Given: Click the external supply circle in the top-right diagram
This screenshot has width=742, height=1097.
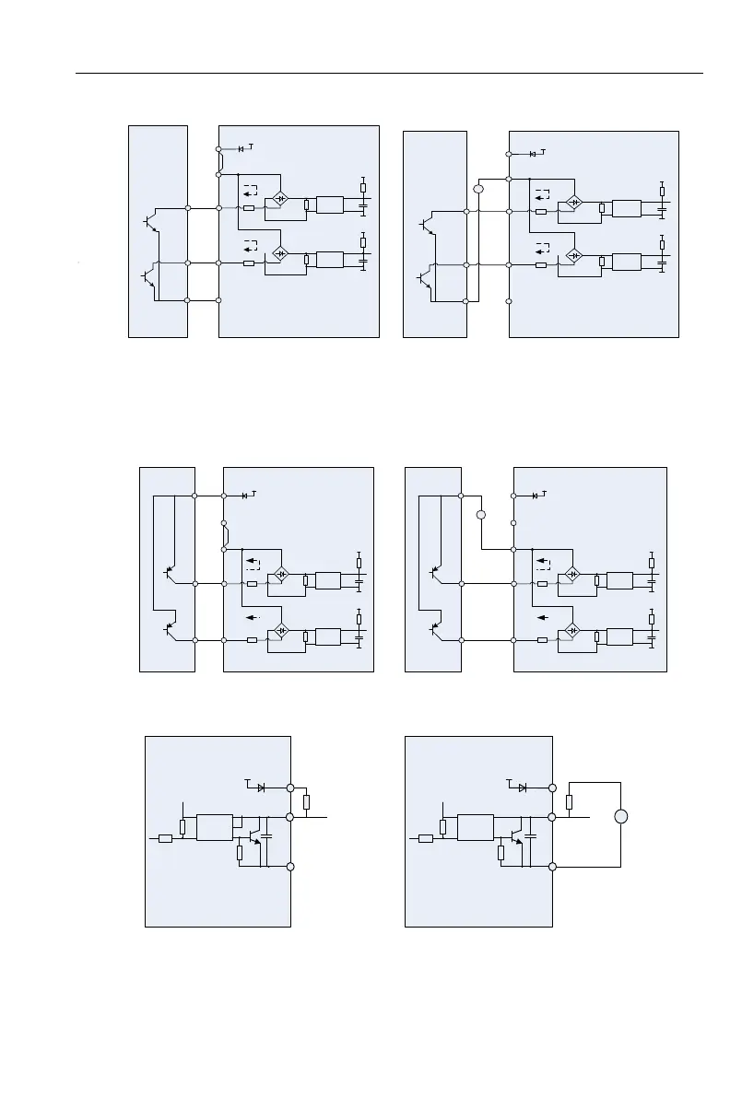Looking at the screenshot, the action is click(x=477, y=189).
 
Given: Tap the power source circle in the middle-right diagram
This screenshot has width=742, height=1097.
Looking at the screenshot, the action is click(x=480, y=514).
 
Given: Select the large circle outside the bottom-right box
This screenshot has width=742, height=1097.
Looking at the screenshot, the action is click(x=620, y=817).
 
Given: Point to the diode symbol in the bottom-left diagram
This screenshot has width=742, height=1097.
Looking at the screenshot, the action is click(x=261, y=788).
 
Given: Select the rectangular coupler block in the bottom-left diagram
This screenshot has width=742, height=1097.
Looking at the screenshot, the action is click(x=214, y=827).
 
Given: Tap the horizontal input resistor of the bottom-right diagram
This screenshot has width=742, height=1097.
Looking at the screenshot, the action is click(x=425, y=838).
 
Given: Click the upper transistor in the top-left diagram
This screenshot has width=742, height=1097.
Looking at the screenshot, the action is click(x=150, y=222).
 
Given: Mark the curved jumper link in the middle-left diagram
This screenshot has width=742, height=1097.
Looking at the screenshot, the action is click(x=225, y=535).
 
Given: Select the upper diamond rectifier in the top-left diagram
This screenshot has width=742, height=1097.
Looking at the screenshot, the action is click(x=279, y=200).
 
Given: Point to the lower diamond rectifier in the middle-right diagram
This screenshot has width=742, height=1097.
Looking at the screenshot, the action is click(x=572, y=630).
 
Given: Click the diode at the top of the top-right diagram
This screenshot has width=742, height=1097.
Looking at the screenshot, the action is click(x=533, y=153).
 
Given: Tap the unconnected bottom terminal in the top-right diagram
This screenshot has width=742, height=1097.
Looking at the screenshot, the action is click(x=509, y=300).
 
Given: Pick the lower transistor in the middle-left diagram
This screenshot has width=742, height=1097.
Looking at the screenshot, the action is click(x=169, y=630).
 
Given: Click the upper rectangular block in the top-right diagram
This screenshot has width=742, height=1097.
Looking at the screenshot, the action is click(x=626, y=208).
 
